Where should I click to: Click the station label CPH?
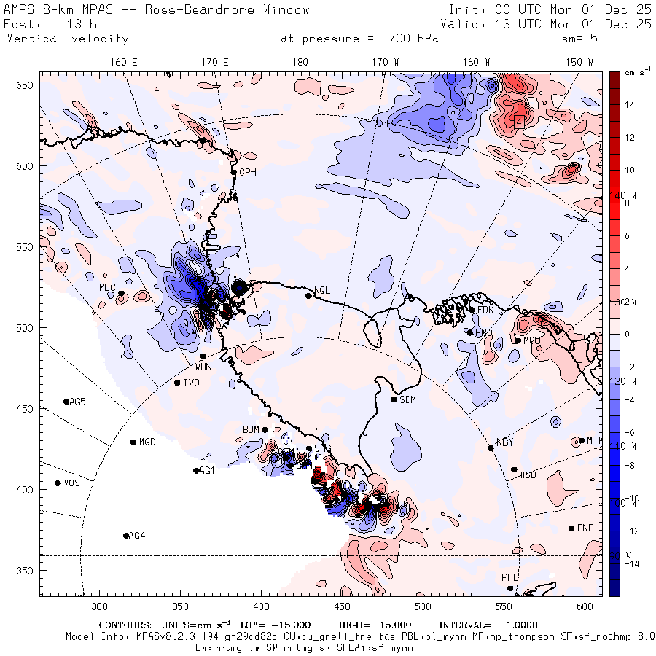(248, 173)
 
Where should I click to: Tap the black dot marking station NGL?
(308, 295)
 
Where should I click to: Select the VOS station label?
(71, 483)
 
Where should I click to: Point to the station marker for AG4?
(126, 536)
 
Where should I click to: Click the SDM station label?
(408, 399)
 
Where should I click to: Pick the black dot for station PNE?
(571, 528)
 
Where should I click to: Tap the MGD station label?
(147, 442)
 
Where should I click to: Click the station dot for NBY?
(491, 448)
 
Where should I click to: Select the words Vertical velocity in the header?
(67, 39)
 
